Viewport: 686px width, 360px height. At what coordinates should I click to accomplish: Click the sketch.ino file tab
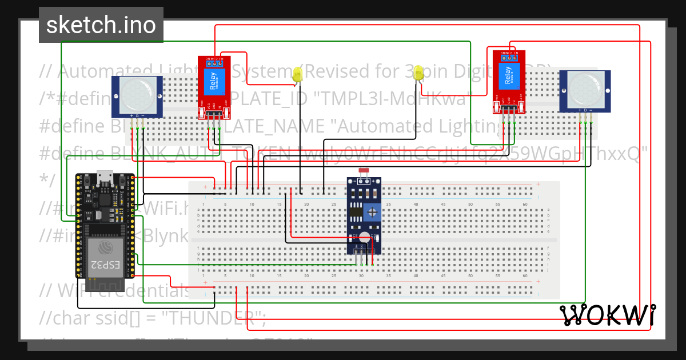tap(101, 25)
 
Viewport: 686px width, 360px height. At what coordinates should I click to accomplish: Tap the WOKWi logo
tap(607, 315)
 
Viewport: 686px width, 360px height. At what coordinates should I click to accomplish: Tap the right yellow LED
tap(418, 73)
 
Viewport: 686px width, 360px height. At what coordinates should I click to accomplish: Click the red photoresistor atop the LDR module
tap(363, 171)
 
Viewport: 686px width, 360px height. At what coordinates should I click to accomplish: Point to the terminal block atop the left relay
tap(215, 58)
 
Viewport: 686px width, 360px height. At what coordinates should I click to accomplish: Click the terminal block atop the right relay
tap(508, 55)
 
